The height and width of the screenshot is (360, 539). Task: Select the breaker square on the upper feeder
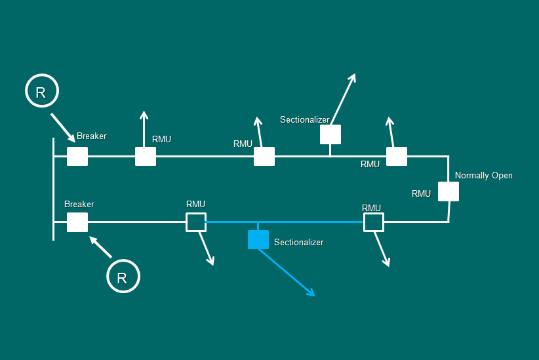click(77, 157)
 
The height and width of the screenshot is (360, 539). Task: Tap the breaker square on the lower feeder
click(77, 222)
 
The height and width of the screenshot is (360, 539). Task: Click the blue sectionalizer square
click(258, 240)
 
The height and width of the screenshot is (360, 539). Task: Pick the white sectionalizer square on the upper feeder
click(330, 134)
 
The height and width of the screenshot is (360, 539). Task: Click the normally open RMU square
click(449, 191)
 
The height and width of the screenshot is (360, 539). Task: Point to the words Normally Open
click(483, 176)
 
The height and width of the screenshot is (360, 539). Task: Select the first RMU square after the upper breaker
click(146, 157)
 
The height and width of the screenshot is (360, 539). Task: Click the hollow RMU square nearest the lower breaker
click(196, 222)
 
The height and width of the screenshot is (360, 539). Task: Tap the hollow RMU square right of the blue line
click(374, 222)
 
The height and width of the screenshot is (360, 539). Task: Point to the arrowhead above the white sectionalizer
click(352, 77)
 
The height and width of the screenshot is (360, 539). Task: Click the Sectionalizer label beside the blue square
click(298, 243)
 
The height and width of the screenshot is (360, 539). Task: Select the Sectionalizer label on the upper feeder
click(304, 120)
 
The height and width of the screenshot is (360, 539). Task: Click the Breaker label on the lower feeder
click(79, 205)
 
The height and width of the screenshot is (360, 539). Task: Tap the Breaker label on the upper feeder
click(91, 136)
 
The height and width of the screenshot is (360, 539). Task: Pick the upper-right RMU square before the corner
click(397, 157)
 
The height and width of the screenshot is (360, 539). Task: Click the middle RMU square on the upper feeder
click(264, 157)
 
